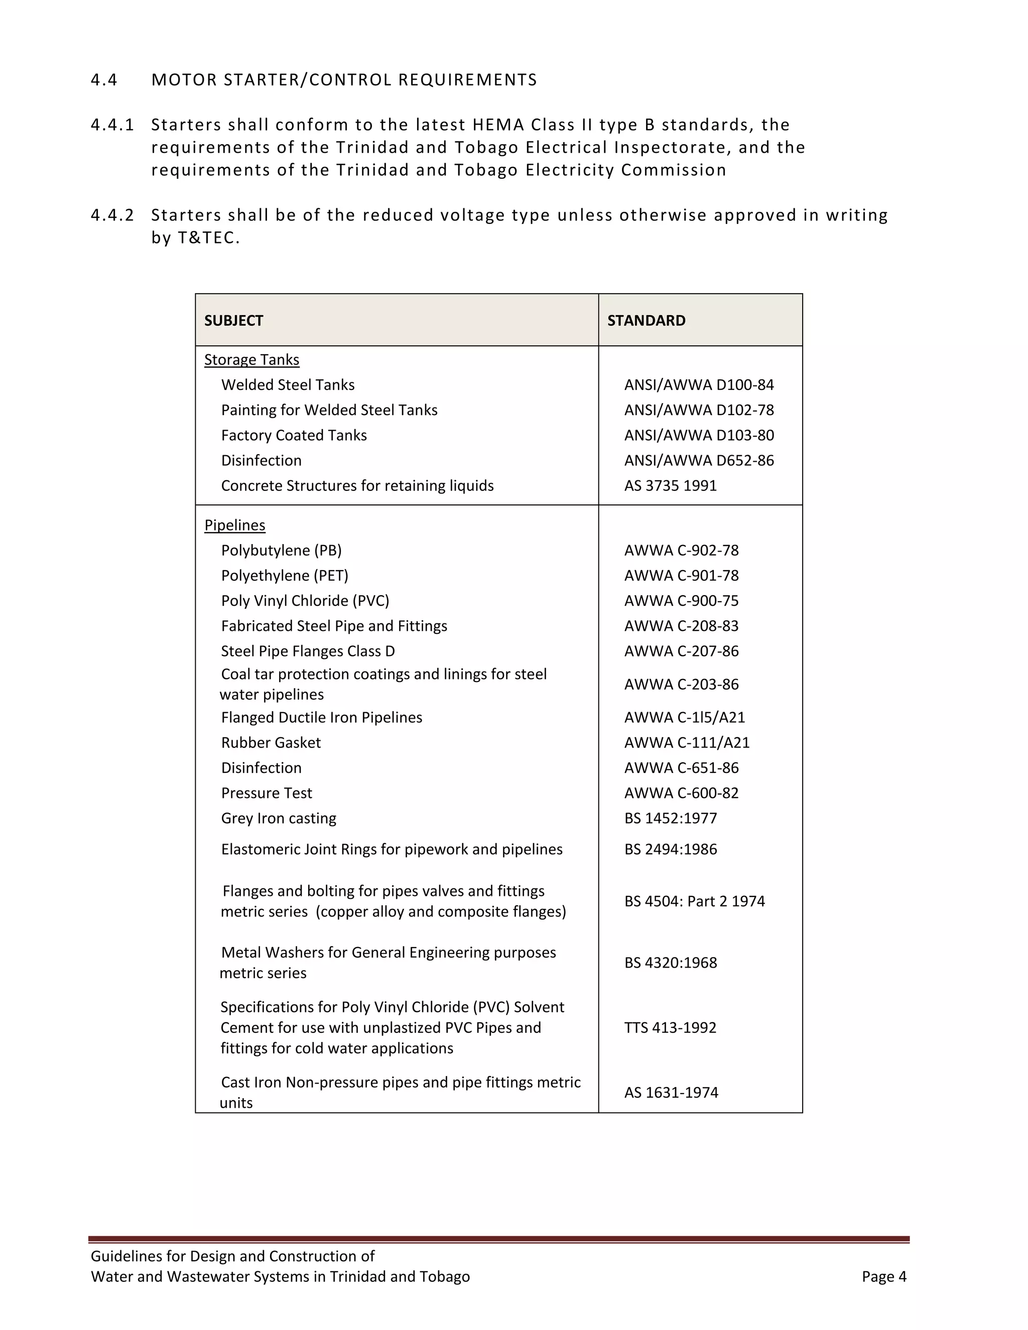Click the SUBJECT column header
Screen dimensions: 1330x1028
[234, 321]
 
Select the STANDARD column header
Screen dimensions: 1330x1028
[646, 321]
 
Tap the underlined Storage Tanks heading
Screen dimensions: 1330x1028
[251, 360]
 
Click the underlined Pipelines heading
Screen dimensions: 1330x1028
[234, 525]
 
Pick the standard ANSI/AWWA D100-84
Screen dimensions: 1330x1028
[699, 385]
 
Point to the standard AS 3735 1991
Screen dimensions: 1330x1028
[670, 486]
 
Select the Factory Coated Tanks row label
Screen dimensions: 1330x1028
[294, 436]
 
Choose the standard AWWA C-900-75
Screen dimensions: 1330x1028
[681, 601]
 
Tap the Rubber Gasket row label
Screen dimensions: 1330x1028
[271, 743]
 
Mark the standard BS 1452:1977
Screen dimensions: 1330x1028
[670, 819]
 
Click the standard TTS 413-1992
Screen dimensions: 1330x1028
[670, 1028]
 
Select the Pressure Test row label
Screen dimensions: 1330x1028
[266, 793]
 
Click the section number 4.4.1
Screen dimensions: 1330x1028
[112, 125]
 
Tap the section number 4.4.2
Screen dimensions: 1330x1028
[112, 216]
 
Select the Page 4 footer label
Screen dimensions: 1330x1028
[883, 1277]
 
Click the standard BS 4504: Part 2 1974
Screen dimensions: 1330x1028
[694, 901]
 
